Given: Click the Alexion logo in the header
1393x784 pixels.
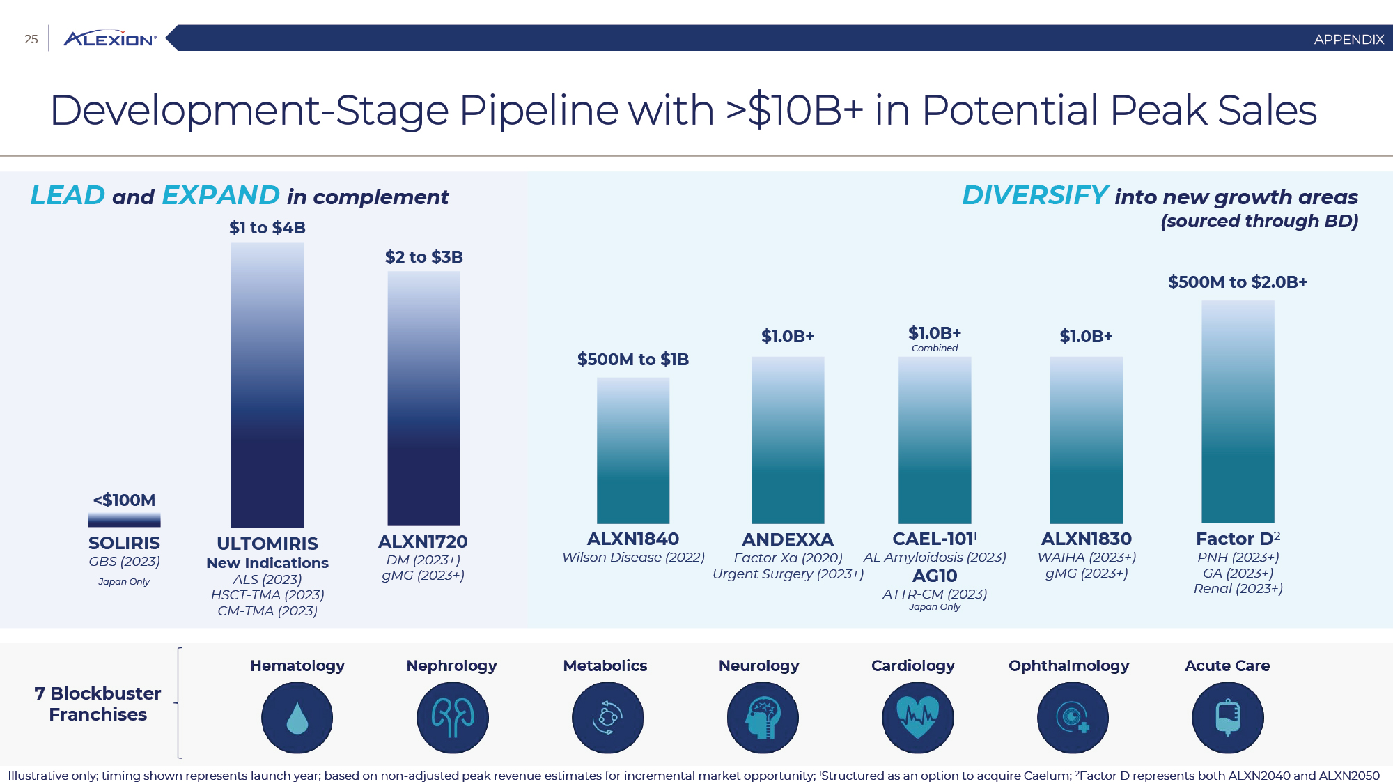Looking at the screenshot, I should click(110, 39).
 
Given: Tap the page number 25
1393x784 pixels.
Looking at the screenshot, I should click(31, 39).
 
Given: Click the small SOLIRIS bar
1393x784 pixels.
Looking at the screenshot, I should click(124, 520).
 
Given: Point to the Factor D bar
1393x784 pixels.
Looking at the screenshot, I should click(1238, 412).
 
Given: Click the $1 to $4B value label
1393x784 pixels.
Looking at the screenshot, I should click(267, 228).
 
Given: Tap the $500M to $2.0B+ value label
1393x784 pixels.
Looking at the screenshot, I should click(1238, 282).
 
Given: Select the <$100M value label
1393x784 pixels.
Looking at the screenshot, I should click(124, 500).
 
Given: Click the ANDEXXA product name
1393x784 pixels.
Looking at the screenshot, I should click(788, 539).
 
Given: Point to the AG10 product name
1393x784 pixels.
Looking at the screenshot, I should click(935, 576).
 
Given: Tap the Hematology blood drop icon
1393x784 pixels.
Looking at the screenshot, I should click(297, 717).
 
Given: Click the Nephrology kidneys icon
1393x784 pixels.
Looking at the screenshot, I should click(453, 717).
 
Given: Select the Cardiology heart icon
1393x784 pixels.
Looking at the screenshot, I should click(917, 717).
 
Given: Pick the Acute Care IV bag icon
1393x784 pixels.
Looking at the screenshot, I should click(1228, 717).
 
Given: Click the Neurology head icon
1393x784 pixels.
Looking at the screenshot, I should click(763, 717).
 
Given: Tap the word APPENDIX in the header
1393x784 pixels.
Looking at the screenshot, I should click(1348, 40).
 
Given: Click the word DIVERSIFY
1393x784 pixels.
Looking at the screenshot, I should click(1035, 196).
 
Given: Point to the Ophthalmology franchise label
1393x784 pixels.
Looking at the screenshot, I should click(1069, 666).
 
